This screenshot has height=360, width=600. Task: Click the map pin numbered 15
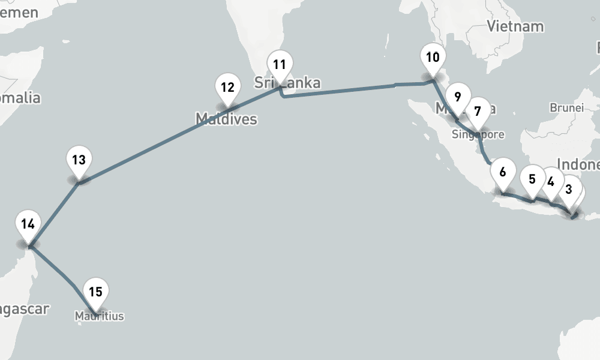[x=96, y=293]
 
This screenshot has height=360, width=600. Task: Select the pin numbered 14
[x=27, y=225]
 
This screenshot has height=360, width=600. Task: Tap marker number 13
[x=79, y=161]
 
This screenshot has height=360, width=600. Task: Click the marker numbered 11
[x=280, y=65]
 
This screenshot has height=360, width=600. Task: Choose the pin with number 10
[x=433, y=59]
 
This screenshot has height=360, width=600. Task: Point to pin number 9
[x=457, y=97]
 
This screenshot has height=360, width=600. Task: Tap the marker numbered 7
[x=478, y=112]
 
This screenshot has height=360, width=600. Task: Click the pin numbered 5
[x=532, y=180]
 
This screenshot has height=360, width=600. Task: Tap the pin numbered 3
[x=568, y=190]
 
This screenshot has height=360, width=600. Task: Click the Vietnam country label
[x=515, y=26]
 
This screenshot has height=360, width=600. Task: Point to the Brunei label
[x=566, y=108]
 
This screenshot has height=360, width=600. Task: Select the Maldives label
[x=226, y=119]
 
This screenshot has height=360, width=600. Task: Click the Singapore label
[x=478, y=134]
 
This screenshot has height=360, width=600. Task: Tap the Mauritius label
[x=100, y=315]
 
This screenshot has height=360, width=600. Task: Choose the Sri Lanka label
[x=287, y=83]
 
